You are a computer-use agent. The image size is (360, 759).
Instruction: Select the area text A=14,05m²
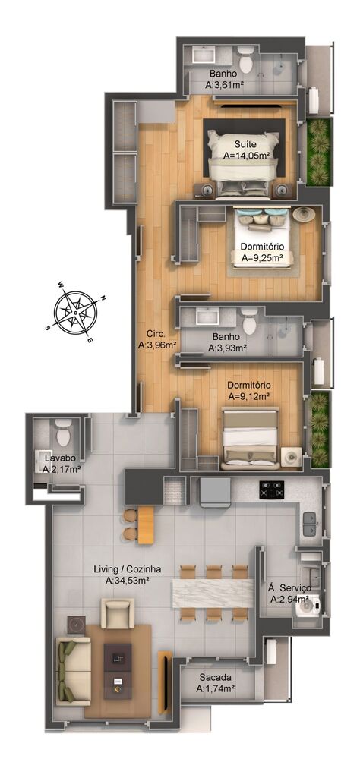coord(246,155)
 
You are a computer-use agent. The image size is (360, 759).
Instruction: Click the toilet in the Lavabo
coord(63,434)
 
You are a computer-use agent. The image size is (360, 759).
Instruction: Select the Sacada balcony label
coord(215,677)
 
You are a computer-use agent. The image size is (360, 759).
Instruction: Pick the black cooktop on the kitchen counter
coord(273,489)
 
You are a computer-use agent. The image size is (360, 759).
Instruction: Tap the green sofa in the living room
coord(72,669)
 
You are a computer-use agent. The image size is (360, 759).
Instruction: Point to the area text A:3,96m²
coord(157,345)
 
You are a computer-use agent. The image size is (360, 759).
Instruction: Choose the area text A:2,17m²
coord(62,470)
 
